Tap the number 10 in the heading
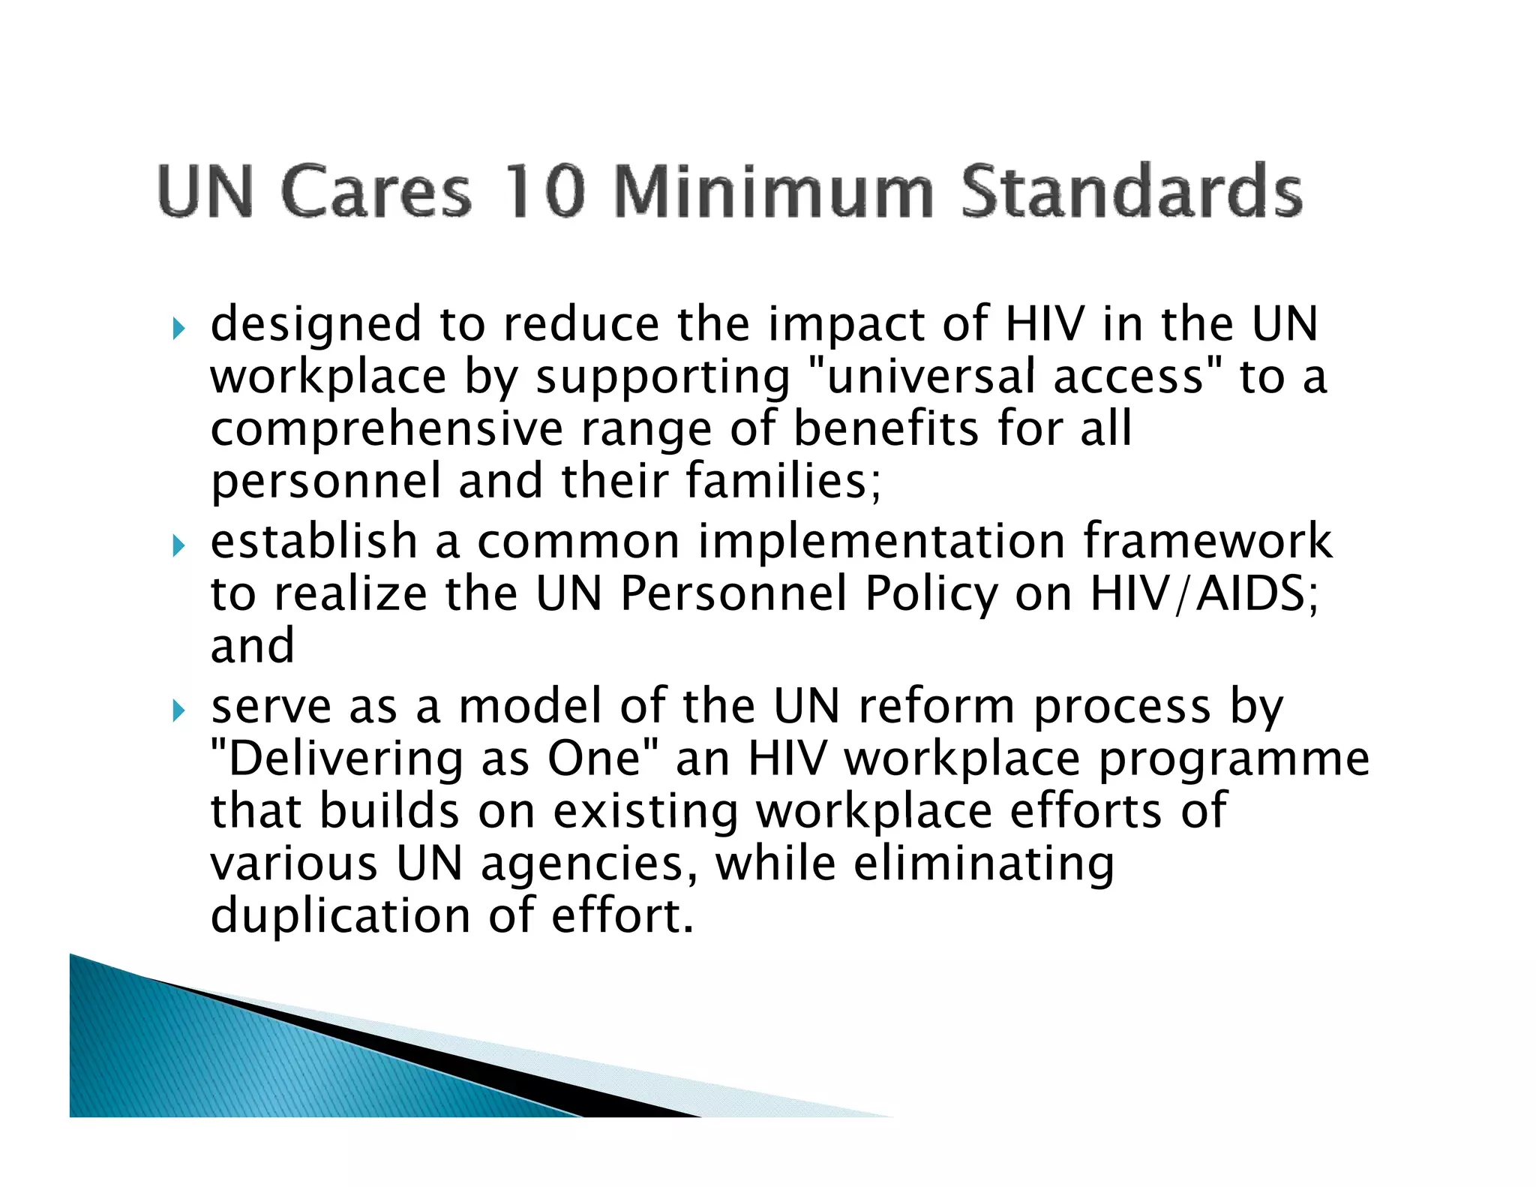[x=544, y=191]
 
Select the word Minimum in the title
[x=772, y=191]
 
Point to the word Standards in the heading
[x=1131, y=191]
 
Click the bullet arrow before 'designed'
[x=178, y=328]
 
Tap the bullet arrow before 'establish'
[x=178, y=545]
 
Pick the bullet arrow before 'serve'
[x=178, y=710]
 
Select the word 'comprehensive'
[x=386, y=429]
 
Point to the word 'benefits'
[x=886, y=428]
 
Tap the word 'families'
[x=783, y=481]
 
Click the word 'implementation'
[x=881, y=542]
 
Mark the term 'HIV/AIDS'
[x=1203, y=593]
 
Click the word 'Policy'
[x=931, y=595]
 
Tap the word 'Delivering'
[x=344, y=759]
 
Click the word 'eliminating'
[x=983, y=864]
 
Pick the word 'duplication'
[x=340, y=917]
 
